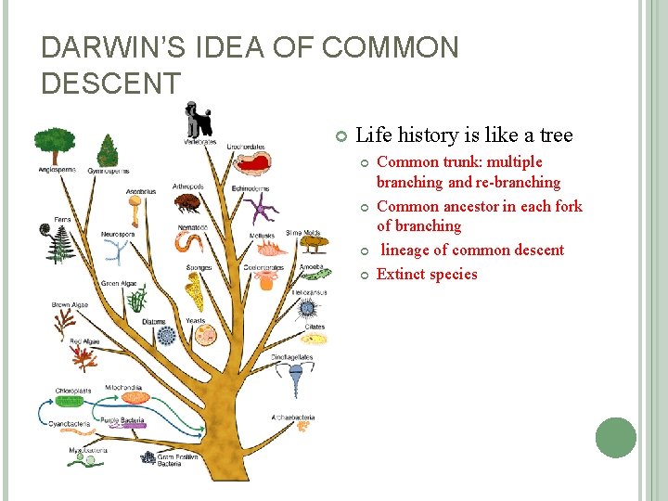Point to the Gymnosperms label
[x=109, y=171]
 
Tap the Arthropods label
[x=188, y=186]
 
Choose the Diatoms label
[x=154, y=321]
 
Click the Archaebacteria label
[x=292, y=417]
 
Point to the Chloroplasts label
[x=72, y=391]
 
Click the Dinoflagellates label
[x=292, y=356]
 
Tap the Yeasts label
[x=196, y=320]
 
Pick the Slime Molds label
[x=303, y=233]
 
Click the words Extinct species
[x=427, y=275]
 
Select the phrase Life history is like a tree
[x=464, y=135]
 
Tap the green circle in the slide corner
[x=616, y=438]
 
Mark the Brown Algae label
[x=70, y=304]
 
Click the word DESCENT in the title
[x=111, y=83]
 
